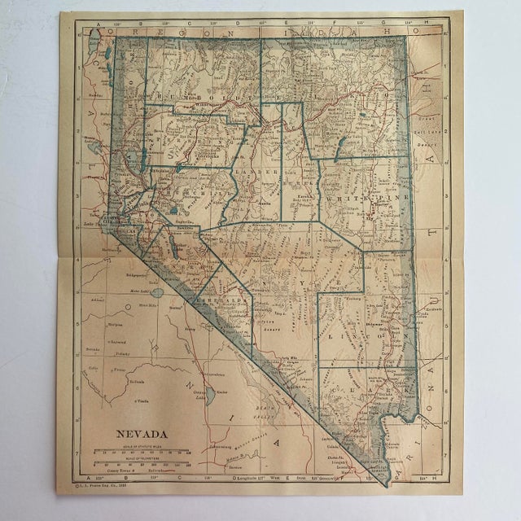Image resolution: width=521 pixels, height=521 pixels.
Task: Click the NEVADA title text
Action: [x=135, y=434]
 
